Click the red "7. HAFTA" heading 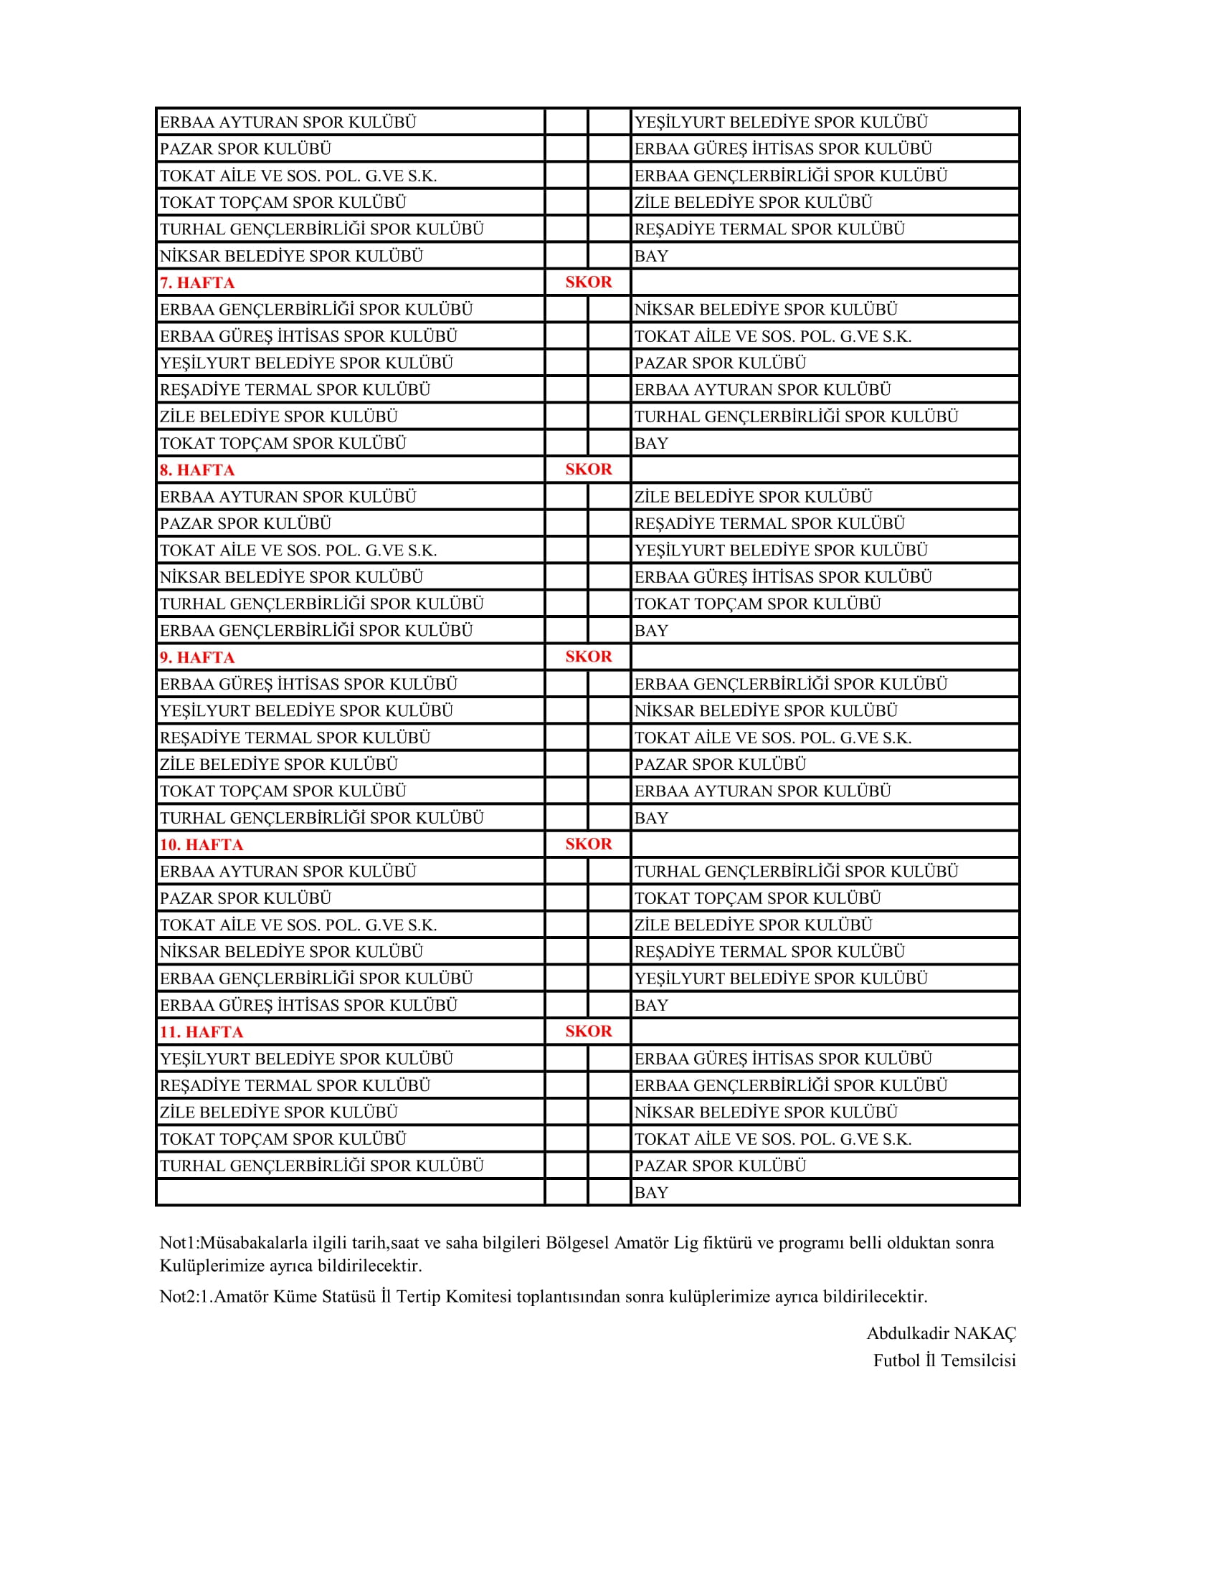(x=197, y=282)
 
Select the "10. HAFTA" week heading (x=201, y=844)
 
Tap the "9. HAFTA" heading (x=197, y=657)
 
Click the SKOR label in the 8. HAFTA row (x=588, y=470)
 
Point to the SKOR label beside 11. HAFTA (x=588, y=1031)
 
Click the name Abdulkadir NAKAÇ (x=940, y=1333)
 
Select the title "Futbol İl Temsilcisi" (x=944, y=1361)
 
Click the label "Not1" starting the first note (x=177, y=1243)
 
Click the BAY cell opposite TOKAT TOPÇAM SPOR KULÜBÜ (x=650, y=443)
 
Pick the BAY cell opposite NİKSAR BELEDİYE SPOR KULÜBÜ (x=650, y=256)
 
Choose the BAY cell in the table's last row (x=650, y=1192)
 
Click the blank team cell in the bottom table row (x=350, y=1192)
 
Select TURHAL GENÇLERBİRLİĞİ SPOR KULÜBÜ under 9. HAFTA (x=321, y=817)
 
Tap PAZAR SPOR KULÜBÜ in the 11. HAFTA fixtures (x=719, y=1166)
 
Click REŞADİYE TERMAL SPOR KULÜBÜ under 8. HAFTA (x=769, y=523)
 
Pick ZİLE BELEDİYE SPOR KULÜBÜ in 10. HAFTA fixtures (x=753, y=925)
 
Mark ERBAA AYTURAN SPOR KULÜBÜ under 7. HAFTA (x=763, y=390)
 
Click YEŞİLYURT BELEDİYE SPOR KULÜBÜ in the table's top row (x=781, y=122)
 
